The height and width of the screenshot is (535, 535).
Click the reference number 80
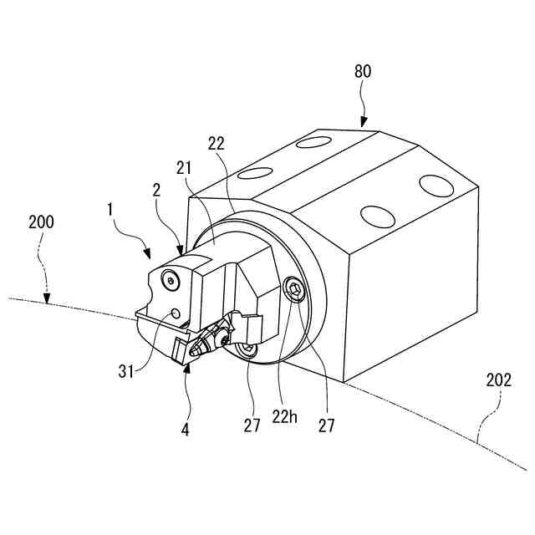pyautogui.click(x=363, y=72)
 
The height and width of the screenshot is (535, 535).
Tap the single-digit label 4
pyautogui.click(x=186, y=431)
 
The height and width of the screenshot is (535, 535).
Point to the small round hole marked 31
pyautogui.click(x=176, y=313)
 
